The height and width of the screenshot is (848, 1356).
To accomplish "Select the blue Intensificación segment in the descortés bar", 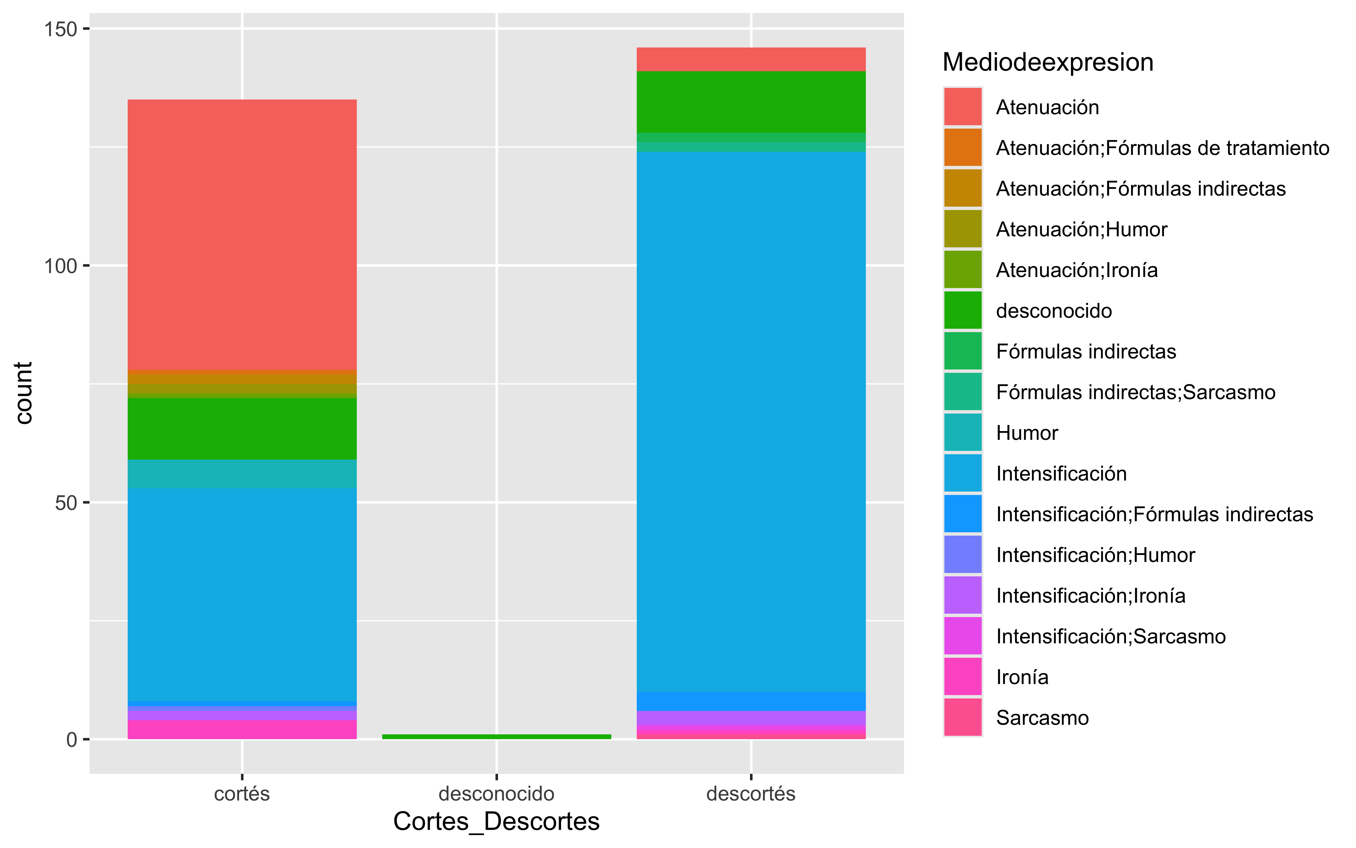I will click(751, 421).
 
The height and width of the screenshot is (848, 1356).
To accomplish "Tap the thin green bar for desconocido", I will click(496, 736).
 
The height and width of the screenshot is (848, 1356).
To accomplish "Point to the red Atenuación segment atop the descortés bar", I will click(751, 59).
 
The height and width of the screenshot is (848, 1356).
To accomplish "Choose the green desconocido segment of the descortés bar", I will click(751, 102).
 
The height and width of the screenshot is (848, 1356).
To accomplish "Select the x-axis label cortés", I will click(242, 794).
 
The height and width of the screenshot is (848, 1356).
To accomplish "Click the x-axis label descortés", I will click(751, 794).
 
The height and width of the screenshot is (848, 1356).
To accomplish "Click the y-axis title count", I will click(23, 393).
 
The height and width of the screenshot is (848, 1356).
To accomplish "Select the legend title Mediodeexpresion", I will click(1048, 62).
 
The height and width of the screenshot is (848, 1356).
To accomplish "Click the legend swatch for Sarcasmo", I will click(963, 717).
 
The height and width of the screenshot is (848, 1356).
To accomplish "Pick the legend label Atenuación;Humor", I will click(1081, 230).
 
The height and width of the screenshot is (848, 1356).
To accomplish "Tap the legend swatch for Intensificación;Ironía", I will click(963, 595).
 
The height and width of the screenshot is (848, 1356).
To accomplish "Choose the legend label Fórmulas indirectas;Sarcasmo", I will click(1135, 392).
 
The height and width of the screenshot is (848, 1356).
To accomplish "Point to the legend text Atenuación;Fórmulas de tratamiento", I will click(1162, 148).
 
